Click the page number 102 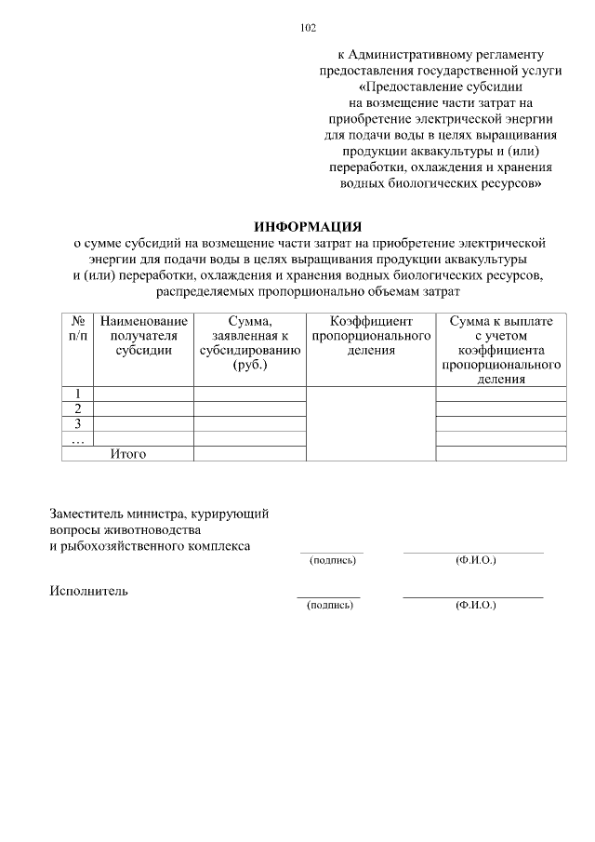tap(308, 28)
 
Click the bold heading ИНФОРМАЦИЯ tap(308, 227)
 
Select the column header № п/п tap(78, 327)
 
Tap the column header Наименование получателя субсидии tap(143, 336)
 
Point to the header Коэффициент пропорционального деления tap(371, 336)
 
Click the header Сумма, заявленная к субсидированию tap(249, 343)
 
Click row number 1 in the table tap(78, 394)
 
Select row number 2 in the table tap(78, 408)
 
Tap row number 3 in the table tap(78, 423)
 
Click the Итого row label tap(127, 454)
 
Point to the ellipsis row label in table tap(78, 439)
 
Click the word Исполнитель tap(88, 591)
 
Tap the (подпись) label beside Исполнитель tap(330, 605)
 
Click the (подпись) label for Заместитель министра tap(330, 561)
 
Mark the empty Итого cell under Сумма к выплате tap(501, 454)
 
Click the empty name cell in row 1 tap(143, 394)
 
